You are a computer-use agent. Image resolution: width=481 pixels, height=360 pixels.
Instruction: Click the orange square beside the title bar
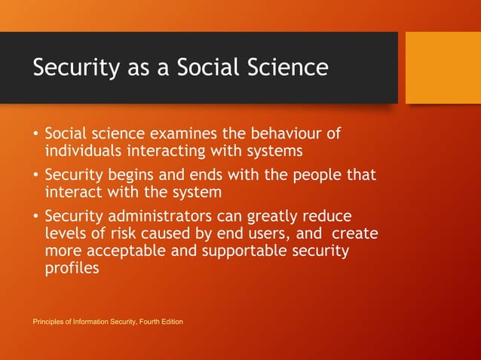click(x=443, y=68)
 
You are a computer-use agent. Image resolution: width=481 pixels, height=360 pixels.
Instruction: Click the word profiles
click(x=72, y=267)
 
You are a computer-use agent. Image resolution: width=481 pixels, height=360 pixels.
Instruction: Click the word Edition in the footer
click(x=169, y=322)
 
